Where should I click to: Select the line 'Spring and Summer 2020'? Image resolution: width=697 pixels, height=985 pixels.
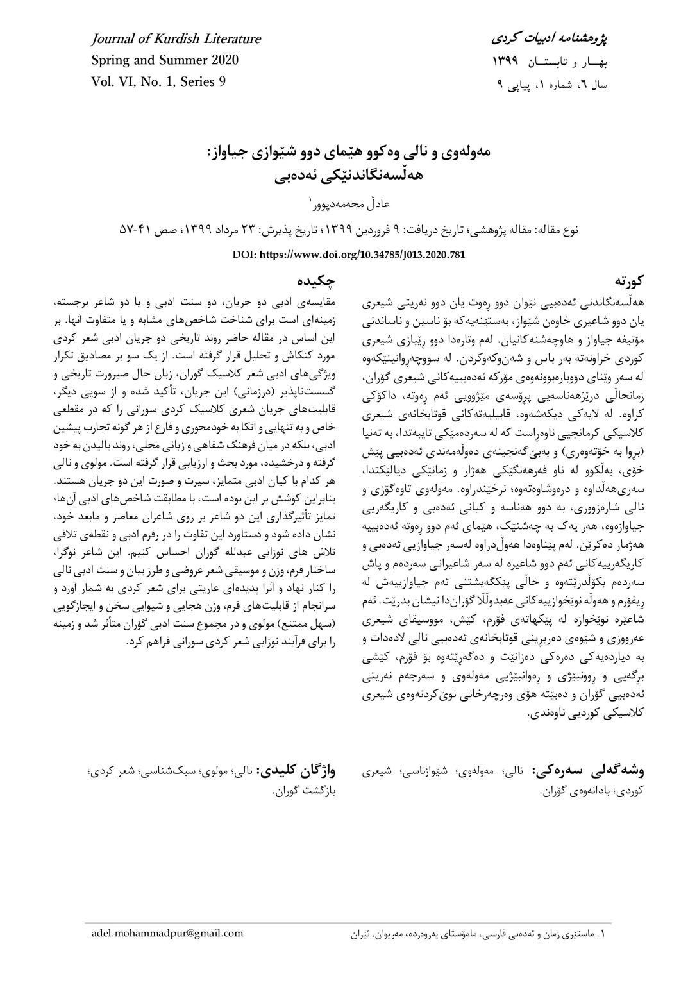coord(165,61)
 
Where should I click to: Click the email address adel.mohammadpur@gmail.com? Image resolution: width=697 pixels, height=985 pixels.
coord(167,950)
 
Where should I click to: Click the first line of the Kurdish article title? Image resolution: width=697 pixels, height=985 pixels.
coord(348,155)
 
